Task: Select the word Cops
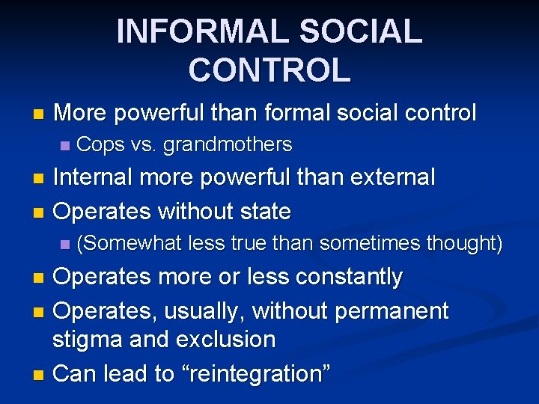pos(101,144)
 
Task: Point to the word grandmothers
pos(228,144)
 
